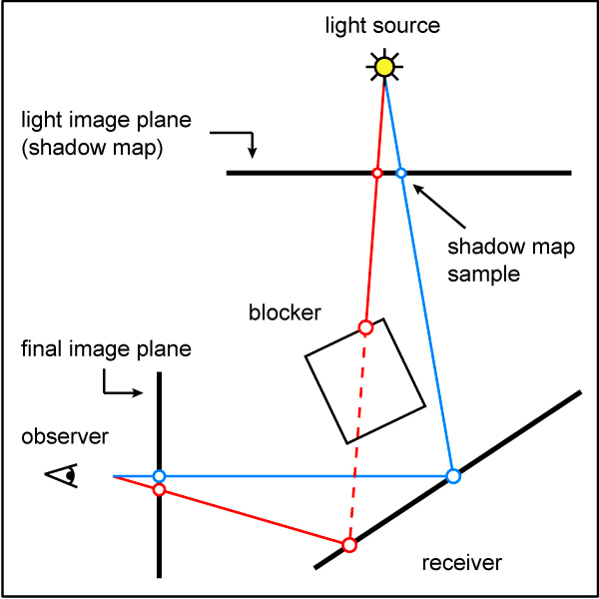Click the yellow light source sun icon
point(383,68)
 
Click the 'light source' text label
point(382,24)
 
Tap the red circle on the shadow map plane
point(376,174)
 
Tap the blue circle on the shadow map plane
point(401,174)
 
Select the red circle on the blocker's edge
point(365,327)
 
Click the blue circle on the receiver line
point(453,476)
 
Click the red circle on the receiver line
point(349,544)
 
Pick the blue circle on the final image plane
point(159,476)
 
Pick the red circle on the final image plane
point(159,489)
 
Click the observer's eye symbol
point(63,476)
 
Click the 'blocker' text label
point(285,312)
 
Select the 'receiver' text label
point(461,563)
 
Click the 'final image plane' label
point(106,349)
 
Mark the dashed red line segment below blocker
point(357,439)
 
